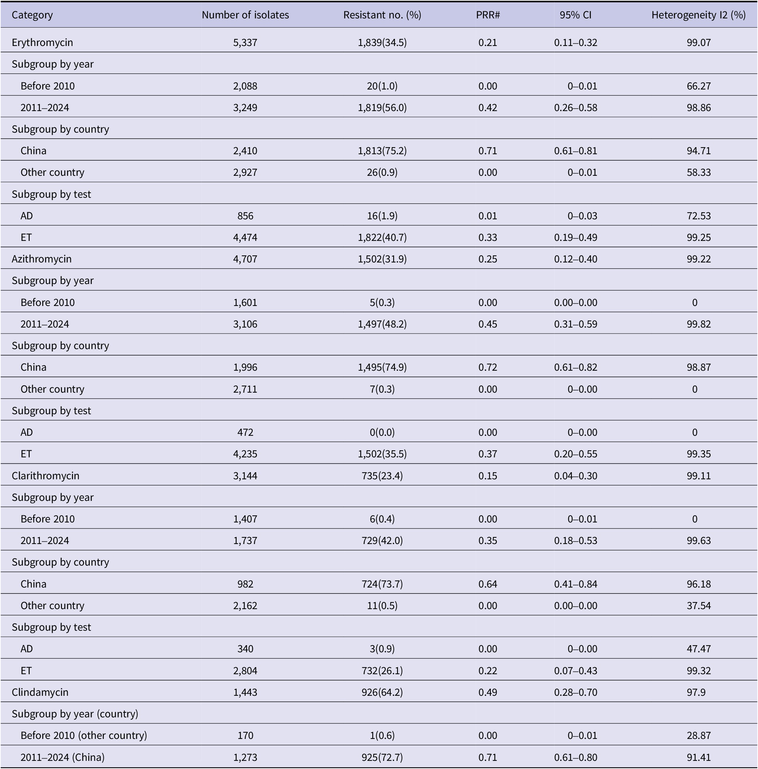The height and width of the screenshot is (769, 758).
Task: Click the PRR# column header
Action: click(488, 15)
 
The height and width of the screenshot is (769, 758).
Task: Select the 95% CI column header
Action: click(575, 15)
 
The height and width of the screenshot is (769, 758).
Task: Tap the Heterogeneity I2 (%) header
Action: click(698, 15)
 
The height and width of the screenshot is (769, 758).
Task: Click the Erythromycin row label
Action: click(42, 42)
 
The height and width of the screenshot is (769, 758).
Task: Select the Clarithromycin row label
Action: click(45, 476)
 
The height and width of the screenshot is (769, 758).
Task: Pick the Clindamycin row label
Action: click(40, 692)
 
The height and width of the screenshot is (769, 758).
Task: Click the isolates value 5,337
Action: click(245, 42)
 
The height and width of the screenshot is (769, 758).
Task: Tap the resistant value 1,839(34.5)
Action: click(382, 42)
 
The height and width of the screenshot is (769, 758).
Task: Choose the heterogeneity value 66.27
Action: click(698, 86)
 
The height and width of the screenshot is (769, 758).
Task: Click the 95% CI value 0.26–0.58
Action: click(575, 108)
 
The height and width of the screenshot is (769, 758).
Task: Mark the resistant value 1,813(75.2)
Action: click(382, 151)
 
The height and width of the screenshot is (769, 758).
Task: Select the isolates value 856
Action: click(245, 216)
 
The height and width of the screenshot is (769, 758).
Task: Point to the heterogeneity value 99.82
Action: click(698, 324)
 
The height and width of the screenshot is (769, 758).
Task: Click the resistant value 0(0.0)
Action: click(382, 432)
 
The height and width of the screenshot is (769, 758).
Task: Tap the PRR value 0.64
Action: click(488, 584)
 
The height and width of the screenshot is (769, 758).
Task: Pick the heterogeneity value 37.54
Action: click(698, 606)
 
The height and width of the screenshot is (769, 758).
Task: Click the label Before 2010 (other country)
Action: click(84, 735)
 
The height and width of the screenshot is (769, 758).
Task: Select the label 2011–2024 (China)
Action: click(63, 757)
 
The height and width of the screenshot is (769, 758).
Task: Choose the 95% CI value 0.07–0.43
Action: click(575, 671)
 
